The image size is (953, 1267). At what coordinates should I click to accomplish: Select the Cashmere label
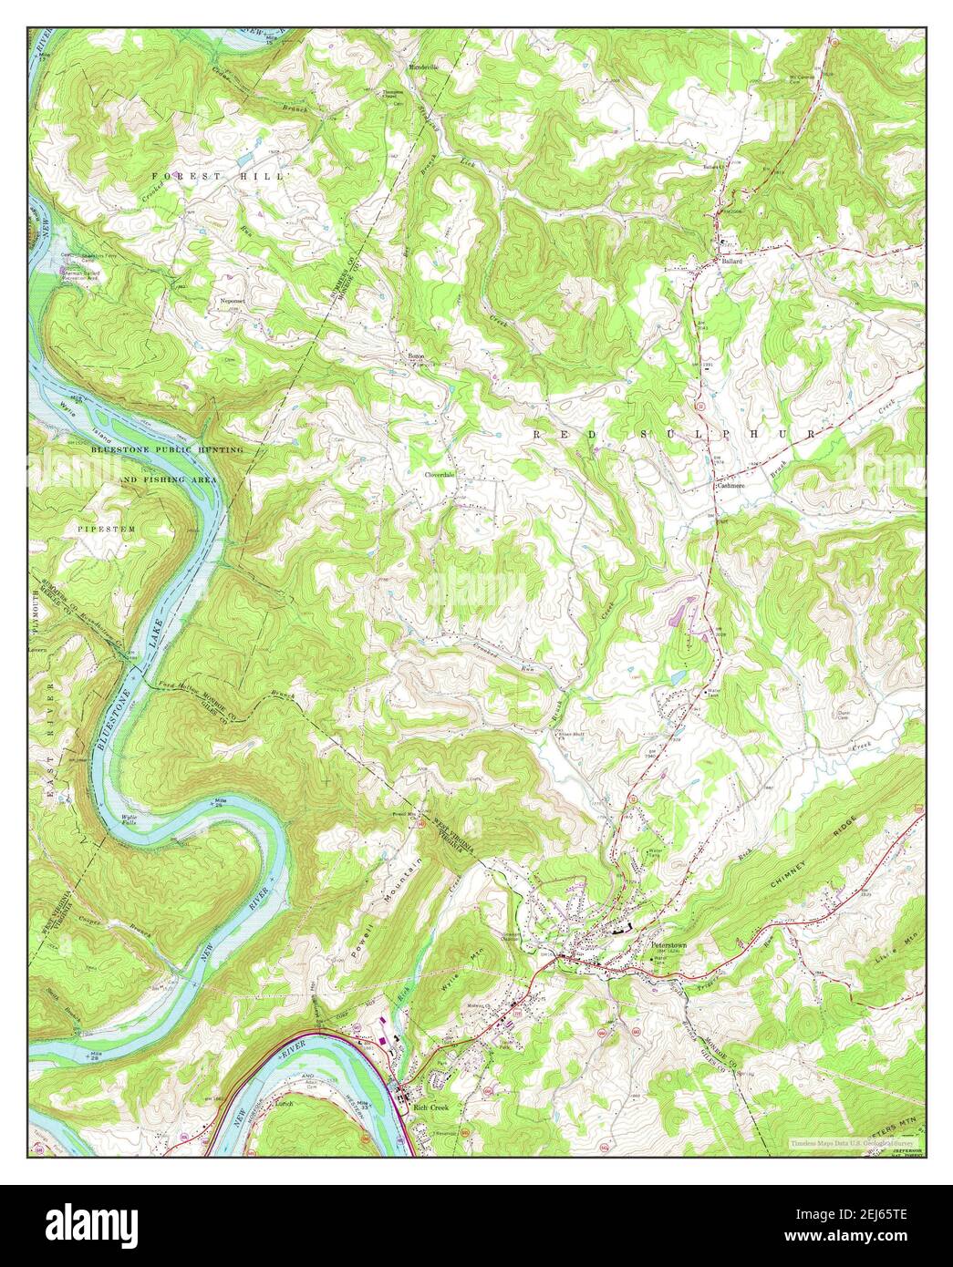(x=730, y=487)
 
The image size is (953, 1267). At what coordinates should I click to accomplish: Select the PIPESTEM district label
(x=103, y=528)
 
